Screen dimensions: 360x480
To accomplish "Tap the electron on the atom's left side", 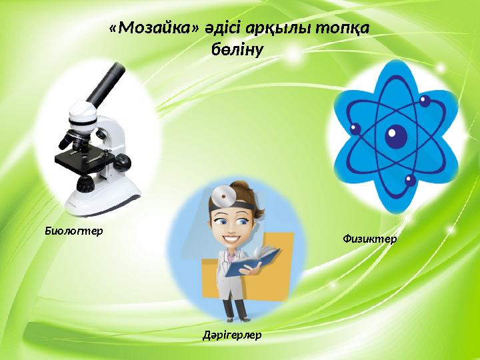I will pyautogui.click(x=355, y=129).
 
